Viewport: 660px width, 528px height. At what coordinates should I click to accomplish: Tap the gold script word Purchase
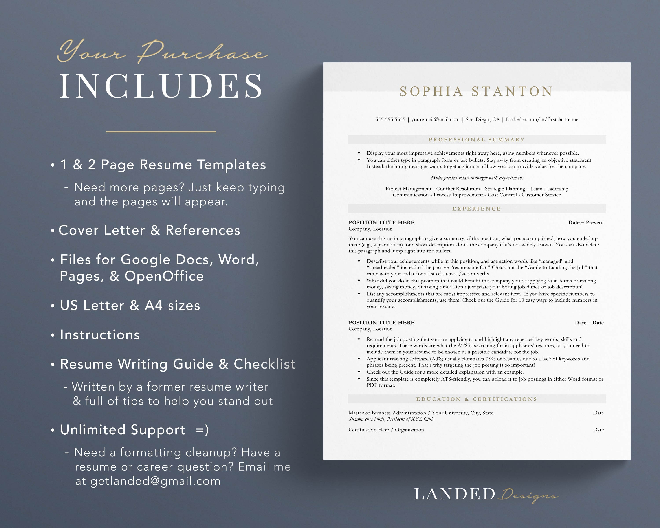pyautogui.click(x=202, y=52)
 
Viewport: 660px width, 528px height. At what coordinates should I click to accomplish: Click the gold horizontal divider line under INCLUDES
pyautogui.click(x=161, y=132)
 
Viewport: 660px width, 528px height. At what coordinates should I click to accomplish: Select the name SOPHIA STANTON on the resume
pyautogui.click(x=476, y=92)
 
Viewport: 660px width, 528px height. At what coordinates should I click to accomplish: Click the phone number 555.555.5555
pyautogui.click(x=390, y=120)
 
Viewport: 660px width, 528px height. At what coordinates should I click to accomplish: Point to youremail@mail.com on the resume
pyautogui.click(x=435, y=120)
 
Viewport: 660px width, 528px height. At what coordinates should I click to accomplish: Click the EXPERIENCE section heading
pyautogui.click(x=477, y=209)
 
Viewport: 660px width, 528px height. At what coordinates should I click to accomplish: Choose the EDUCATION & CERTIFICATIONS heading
pyautogui.click(x=477, y=399)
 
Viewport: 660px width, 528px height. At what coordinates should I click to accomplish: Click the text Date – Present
pyautogui.click(x=586, y=222)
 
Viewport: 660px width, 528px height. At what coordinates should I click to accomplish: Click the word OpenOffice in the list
pyautogui.click(x=164, y=276)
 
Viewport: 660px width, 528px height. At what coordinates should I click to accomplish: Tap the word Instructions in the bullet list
pyautogui.click(x=100, y=335)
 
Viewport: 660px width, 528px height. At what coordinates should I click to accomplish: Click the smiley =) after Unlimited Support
pyautogui.click(x=202, y=430)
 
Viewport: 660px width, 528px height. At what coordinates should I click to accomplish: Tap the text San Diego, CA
pyautogui.click(x=482, y=120)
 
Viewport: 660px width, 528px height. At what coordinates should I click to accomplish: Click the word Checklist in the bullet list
pyautogui.click(x=264, y=364)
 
